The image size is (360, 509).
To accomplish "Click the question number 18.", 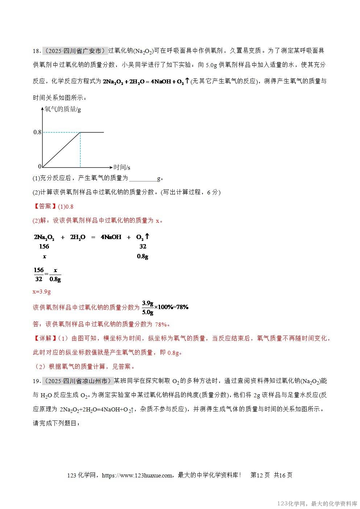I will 36,51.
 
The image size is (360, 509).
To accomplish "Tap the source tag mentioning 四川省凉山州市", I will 77,381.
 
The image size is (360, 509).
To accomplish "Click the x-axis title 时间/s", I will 122,167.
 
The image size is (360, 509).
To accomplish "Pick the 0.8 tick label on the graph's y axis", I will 37,132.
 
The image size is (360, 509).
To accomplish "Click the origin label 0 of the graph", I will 40,167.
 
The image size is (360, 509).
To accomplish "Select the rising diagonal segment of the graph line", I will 62,149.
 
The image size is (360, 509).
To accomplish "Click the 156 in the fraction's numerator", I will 38,270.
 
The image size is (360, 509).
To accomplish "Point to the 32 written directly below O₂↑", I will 143,246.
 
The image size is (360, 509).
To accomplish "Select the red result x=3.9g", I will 42,291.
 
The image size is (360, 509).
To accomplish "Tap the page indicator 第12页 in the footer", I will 260,475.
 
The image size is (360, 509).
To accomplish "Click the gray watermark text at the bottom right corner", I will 317,504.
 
